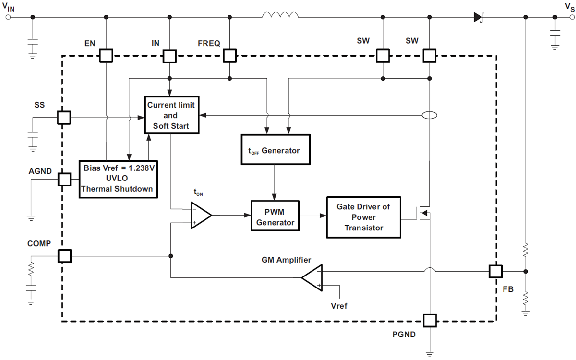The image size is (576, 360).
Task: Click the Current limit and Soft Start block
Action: [172, 115]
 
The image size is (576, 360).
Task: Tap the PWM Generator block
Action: [275, 216]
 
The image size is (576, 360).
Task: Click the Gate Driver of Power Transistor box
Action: [363, 217]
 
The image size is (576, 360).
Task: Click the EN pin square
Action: [106, 56]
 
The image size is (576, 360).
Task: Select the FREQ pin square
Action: [230, 56]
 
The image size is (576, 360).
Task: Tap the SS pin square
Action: [64, 117]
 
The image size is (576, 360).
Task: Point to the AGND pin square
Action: [64, 180]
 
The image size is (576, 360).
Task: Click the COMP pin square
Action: [64, 256]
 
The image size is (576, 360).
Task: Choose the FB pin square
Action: [495, 271]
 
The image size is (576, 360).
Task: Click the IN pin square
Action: [169, 56]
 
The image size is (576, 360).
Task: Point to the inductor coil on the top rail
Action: [280, 16]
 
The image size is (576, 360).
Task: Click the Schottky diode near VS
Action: [478, 17]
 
